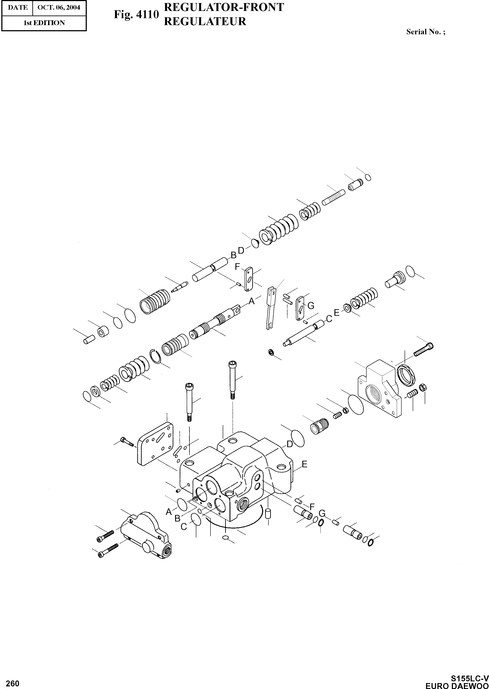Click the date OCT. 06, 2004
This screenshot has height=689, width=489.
[x=59, y=7]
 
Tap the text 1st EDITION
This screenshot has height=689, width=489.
[x=44, y=23]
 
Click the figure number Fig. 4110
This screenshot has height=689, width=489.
[x=136, y=14]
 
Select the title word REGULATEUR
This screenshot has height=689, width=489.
[x=205, y=21]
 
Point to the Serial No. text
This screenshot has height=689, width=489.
[x=425, y=32]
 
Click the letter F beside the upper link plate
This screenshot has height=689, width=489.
[x=238, y=267]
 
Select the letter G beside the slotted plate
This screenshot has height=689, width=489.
[x=311, y=306]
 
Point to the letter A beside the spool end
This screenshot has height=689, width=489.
[x=251, y=301]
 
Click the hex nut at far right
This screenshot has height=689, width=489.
[x=423, y=387]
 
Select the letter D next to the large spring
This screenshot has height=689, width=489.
[x=241, y=251]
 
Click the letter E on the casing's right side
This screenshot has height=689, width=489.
[x=305, y=464]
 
